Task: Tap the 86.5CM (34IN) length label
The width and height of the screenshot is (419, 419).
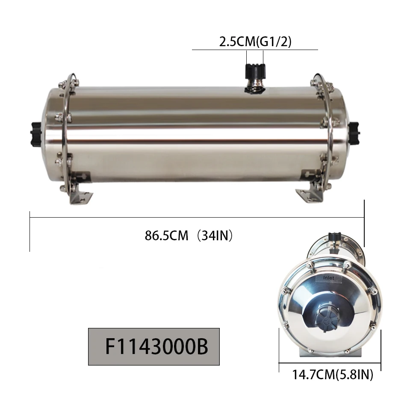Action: click(x=189, y=236)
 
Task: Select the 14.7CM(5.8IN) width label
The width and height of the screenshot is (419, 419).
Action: click(x=332, y=375)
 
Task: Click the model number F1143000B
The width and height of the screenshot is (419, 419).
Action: click(x=156, y=347)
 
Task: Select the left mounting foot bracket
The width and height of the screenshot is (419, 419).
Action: click(x=81, y=192)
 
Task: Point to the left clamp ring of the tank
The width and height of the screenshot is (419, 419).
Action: click(x=67, y=137)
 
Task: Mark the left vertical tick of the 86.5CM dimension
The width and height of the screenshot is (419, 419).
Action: click(x=30, y=231)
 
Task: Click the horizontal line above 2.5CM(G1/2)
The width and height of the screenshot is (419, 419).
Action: click(x=255, y=50)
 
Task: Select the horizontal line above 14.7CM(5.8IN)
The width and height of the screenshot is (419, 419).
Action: click(x=330, y=364)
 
